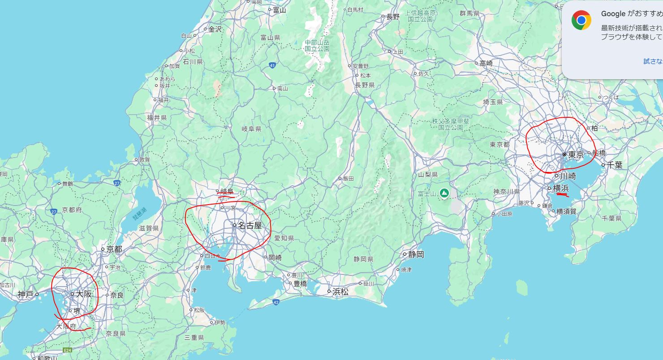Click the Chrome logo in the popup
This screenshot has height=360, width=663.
point(581,20)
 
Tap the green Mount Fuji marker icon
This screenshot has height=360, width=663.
point(444,193)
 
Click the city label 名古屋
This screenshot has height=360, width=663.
point(250,225)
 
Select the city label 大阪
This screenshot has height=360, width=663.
point(84,294)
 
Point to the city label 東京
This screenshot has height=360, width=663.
point(576,155)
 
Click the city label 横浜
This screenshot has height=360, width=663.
point(561,189)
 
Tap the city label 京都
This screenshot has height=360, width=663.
point(114,249)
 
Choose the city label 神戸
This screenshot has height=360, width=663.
point(26,294)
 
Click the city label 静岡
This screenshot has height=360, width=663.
point(416,254)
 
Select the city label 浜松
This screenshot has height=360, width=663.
point(340,291)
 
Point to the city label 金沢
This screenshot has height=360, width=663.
point(215,29)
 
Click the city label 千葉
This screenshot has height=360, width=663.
point(615,165)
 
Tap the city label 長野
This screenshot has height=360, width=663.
point(393,17)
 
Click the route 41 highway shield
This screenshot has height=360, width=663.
point(273,66)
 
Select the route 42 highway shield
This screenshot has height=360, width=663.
point(275,302)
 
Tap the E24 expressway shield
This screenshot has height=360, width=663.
point(68,350)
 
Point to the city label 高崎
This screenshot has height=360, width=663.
point(486,64)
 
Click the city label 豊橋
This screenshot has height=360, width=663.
point(300,283)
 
